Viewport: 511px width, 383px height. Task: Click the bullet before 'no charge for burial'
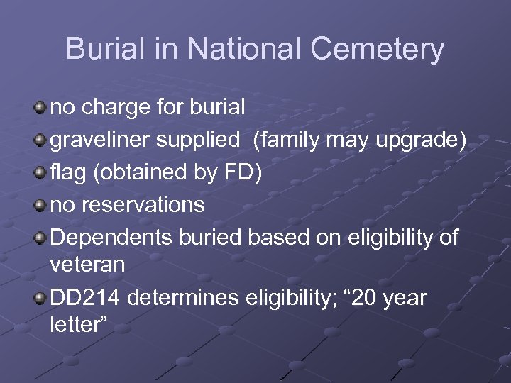pos(40,108)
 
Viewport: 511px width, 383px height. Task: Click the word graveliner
pos(99,140)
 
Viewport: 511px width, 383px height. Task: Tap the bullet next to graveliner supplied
pos(40,140)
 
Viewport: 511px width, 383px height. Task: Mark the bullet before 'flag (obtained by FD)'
pos(40,173)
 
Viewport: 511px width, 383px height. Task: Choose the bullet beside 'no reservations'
pos(40,206)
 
